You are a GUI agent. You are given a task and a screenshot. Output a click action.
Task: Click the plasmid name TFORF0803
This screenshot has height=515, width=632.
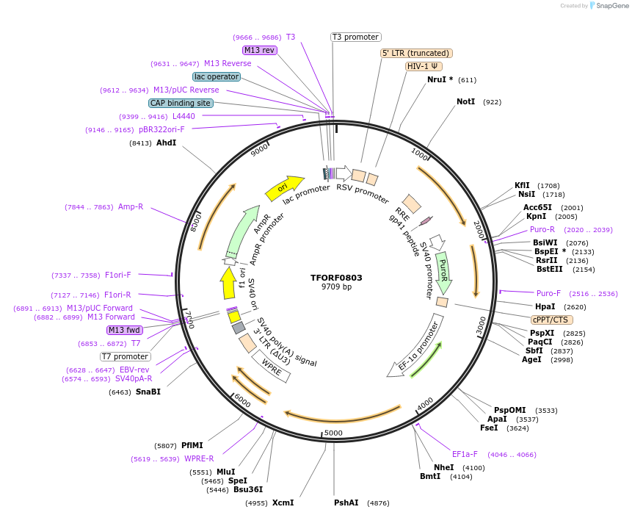pos(336,278)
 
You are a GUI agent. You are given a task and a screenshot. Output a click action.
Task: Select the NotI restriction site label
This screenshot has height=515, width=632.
pos(466,101)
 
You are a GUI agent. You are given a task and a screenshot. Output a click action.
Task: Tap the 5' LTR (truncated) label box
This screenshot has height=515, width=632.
pos(416,53)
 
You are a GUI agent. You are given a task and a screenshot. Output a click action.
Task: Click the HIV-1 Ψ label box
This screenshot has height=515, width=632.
pos(424,66)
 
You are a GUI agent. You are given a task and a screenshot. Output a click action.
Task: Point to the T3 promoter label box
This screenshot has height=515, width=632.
pos(355,37)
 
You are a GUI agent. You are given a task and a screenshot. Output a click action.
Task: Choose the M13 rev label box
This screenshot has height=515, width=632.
pos(259,50)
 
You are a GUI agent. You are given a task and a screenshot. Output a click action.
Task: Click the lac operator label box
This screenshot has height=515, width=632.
pos(217,76)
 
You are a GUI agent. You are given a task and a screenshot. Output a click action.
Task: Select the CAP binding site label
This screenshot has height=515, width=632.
pos(181,104)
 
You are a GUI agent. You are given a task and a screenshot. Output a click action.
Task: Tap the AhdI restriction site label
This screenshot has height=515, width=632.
pos(167,143)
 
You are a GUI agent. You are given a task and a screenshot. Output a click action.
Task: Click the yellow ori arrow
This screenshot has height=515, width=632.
pos(284,188)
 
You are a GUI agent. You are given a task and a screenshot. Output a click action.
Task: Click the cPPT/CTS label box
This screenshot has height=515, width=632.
pos(551,320)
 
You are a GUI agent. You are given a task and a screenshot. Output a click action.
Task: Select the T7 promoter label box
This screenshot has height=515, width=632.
pos(126,356)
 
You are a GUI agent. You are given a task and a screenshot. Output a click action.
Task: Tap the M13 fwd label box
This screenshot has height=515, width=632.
pos(125,330)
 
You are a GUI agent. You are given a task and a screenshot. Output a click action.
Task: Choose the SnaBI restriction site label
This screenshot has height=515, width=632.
pos(148,392)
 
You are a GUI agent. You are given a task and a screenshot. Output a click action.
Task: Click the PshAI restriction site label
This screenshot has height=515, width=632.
pos(346,503)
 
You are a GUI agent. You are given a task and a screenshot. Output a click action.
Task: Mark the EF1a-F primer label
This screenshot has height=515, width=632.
pos(465,454)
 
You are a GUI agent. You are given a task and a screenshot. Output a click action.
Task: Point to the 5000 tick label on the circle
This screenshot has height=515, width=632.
pos(333,433)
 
